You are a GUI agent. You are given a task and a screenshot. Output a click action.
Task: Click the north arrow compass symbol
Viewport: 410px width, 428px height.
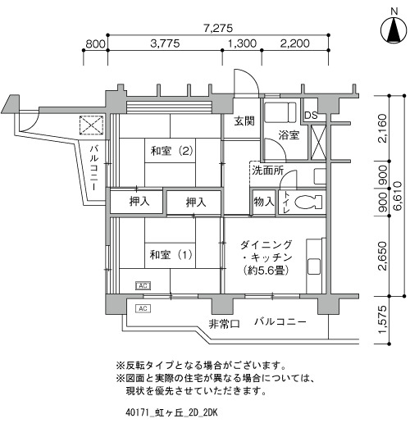394,30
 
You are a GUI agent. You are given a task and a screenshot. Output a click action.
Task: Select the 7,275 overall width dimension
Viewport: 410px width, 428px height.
218,28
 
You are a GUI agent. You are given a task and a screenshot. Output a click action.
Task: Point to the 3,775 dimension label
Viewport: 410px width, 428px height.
165,43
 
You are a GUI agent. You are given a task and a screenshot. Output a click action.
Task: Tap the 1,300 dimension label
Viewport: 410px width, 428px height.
242,43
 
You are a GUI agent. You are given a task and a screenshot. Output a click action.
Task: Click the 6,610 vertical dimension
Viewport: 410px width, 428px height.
398,196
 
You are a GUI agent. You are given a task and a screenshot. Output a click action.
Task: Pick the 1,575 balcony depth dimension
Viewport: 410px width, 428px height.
384,320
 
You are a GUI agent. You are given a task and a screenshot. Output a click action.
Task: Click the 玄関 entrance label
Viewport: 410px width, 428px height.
244,121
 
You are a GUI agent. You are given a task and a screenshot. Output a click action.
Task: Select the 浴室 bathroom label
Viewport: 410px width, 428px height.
289,135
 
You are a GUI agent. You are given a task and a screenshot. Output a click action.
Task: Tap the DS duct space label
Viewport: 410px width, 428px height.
311,116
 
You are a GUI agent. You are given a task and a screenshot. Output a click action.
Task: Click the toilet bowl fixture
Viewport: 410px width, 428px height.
308,203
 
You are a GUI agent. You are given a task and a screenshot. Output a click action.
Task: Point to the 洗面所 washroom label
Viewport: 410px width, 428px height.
268,171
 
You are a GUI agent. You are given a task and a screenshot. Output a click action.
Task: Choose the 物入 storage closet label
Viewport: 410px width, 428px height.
263,202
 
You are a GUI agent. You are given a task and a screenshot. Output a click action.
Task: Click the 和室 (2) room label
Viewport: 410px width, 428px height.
172,151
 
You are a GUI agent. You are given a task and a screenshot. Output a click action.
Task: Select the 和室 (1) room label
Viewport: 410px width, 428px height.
171,255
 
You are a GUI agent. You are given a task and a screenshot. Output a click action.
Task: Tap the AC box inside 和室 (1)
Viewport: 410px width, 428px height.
143,286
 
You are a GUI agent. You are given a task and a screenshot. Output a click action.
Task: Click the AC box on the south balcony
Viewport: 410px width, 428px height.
143,308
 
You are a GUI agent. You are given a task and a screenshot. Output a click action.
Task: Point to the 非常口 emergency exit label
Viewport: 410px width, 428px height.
224,324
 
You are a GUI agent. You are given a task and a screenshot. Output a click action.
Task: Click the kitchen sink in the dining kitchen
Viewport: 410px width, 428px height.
314,266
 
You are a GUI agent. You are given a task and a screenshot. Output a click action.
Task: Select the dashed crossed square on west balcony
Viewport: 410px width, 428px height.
91,125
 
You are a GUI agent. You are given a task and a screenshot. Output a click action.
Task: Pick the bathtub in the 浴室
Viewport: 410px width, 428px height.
280,112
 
